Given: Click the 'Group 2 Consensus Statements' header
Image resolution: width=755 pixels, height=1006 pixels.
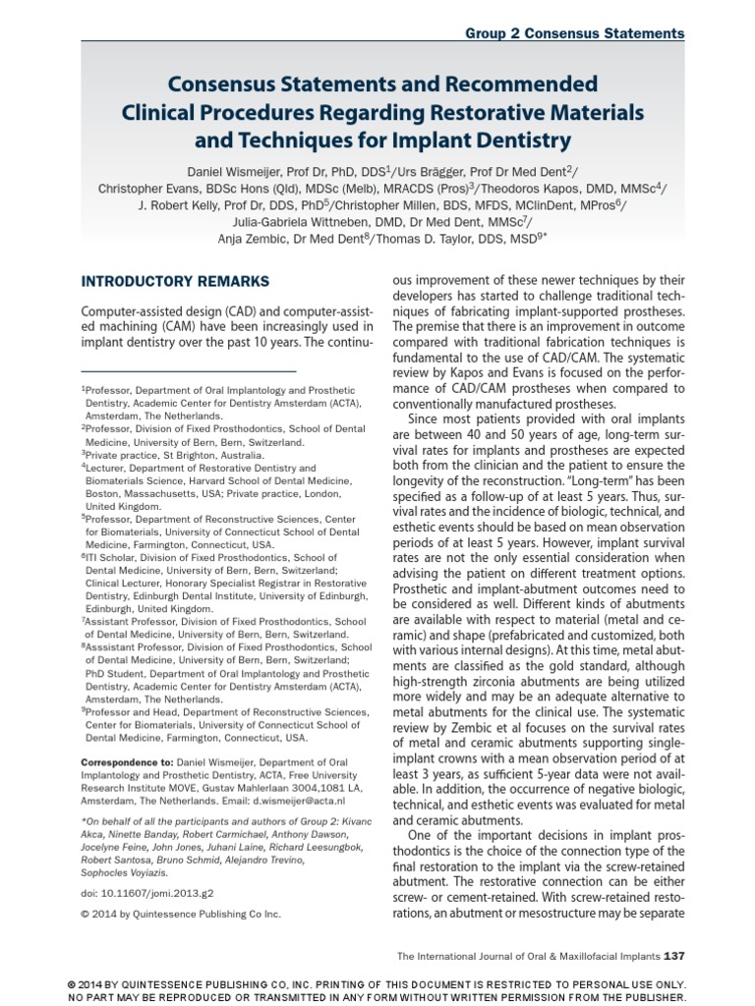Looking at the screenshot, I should click(574, 33).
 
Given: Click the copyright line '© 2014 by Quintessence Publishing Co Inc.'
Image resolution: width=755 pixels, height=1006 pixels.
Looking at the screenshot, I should click(181, 913).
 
